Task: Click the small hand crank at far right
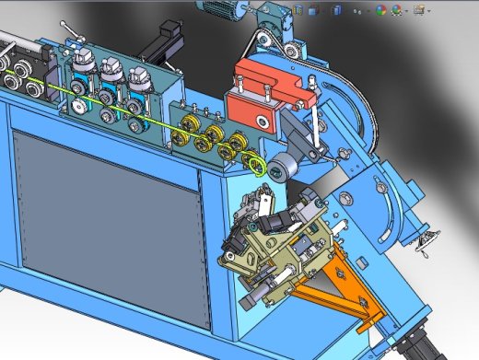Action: click(425, 241)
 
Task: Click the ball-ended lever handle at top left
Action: click(63, 25)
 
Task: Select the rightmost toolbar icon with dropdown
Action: click(420, 10)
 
